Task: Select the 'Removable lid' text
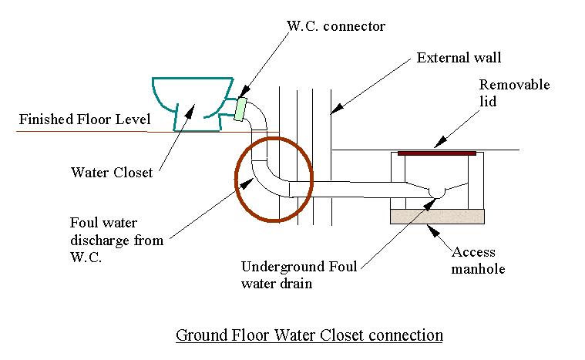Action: click(514, 93)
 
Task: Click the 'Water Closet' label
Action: click(111, 173)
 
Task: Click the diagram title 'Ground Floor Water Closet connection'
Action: click(309, 335)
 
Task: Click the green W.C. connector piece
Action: click(240, 109)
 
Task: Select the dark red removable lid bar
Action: click(436, 153)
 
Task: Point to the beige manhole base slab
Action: click(437, 216)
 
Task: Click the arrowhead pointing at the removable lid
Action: click(437, 143)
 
